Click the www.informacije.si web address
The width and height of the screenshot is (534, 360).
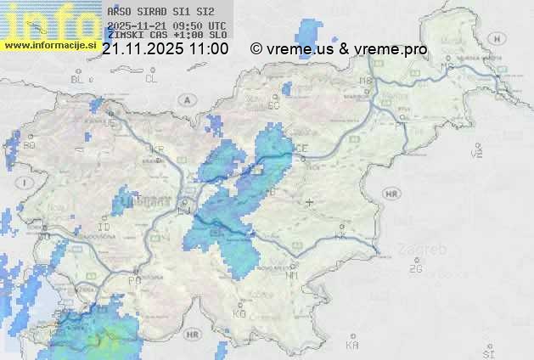[51, 45]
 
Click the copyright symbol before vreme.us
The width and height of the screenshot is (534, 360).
[256, 49]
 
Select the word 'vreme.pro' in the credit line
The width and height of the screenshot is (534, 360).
[396, 49]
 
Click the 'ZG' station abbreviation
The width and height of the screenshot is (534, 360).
[415, 269]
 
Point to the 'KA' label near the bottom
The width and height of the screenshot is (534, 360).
[352, 346]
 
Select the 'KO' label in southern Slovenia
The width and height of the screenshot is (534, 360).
[239, 313]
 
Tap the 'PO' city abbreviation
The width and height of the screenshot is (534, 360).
[133, 280]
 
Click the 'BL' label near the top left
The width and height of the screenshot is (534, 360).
[79, 79]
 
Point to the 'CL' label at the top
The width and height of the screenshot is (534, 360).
[151, 79]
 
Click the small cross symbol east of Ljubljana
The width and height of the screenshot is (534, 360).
[309, 202]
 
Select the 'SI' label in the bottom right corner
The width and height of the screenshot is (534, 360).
[487, 352]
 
